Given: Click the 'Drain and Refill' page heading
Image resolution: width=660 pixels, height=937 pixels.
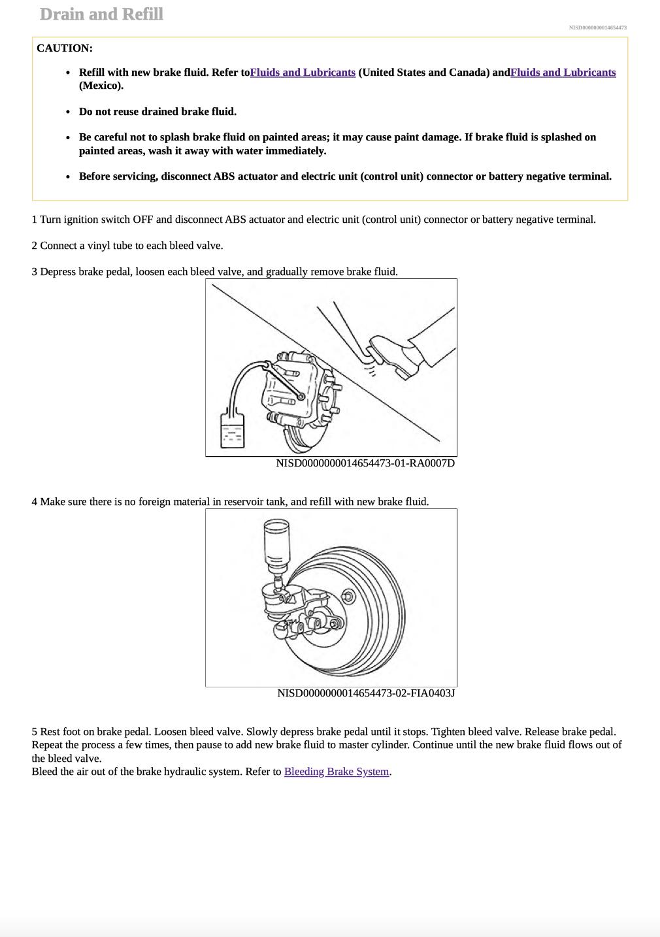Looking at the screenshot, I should (101, 14).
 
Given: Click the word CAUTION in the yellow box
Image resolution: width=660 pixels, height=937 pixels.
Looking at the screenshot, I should (64, 48).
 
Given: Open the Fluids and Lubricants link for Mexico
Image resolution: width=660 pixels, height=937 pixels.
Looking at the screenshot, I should (563, 73).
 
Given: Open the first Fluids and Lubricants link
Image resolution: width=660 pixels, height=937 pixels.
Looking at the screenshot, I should (303, 73).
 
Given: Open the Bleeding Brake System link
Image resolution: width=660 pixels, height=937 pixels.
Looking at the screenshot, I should (337, 772).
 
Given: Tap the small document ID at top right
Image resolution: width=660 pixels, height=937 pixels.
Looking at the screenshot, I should (597, 27).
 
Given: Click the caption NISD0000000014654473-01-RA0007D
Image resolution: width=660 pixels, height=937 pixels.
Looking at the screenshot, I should (365, 463).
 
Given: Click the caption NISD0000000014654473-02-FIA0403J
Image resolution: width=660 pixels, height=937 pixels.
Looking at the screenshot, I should (366, 693).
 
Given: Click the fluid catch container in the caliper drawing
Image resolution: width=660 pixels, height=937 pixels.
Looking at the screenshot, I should (233, 430).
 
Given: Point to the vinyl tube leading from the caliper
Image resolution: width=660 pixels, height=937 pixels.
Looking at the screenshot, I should (239, 382).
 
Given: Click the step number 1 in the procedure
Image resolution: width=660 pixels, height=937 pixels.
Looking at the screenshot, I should (35, 220).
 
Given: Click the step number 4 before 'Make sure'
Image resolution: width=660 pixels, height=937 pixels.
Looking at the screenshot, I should (35, 502).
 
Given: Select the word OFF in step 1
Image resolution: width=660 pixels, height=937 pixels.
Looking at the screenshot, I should (142, 220).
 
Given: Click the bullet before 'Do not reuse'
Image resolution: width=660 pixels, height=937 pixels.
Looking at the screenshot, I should (68, 112).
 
